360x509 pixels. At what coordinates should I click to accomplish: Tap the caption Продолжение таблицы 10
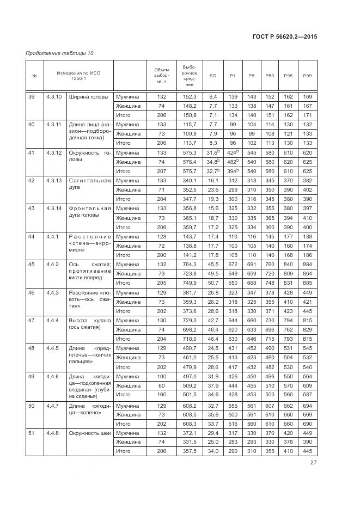coord(60,53)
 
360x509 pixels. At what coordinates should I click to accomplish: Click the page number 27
coord(314,463)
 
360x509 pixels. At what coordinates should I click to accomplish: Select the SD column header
coord(213,76)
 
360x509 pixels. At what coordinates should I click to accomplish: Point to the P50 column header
coord(269,76)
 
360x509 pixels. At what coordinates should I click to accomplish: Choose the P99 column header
coord(307,76)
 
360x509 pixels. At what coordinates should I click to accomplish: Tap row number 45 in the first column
coord(32,265)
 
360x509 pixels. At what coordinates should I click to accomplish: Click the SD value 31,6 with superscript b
coord(212,152)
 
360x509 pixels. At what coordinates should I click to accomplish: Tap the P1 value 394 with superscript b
coord(233,171)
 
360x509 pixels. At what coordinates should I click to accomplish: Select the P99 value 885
coord(307,283)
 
